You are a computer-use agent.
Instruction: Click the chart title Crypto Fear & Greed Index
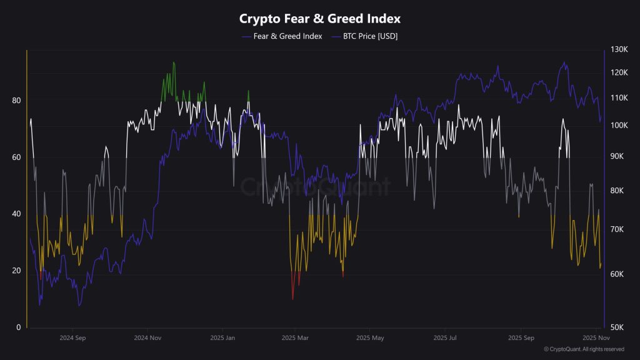pos(320,19)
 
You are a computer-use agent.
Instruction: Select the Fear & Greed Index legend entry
pos(287,36)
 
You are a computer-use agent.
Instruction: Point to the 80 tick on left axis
pos(16,100)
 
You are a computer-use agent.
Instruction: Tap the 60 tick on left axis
pos(16,157)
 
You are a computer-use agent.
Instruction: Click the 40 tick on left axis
pos(16,214)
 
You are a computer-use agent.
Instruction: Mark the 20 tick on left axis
pos(16,271)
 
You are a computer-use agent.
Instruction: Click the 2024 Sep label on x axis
pos(72,338)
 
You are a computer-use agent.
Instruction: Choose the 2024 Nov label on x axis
pos(147,338)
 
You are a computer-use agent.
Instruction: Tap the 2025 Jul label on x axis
pos(445,338)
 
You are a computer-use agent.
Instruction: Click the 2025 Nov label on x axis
pos(594,338)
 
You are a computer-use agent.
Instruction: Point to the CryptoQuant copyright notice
pos(584,349)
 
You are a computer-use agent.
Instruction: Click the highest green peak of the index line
pos(173,62)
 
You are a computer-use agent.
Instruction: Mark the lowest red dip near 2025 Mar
pos(292,299)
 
